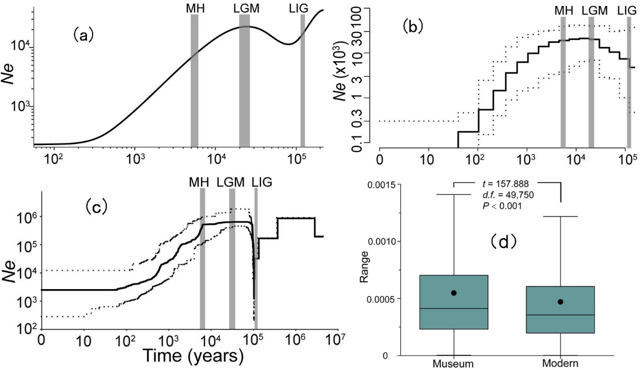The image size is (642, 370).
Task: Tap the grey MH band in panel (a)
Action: click(194, 81)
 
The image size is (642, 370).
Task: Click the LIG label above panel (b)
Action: click(629, 10)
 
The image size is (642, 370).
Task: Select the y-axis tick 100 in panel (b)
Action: click(368, 10)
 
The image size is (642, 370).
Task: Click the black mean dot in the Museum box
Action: click(454, 293)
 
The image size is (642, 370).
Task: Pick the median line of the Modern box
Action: click(561, 315)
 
